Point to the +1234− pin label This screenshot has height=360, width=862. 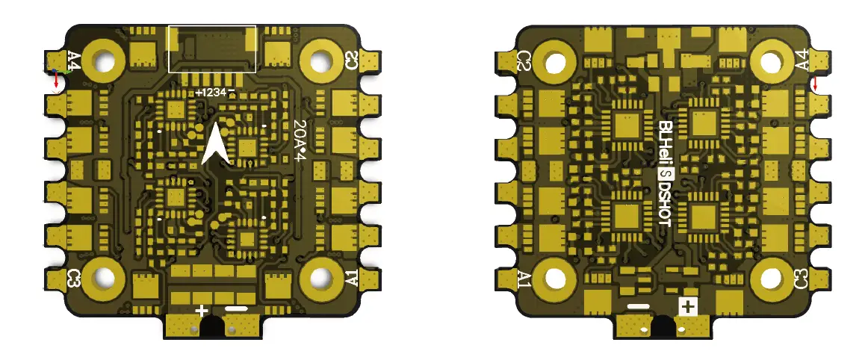tap(215, 92)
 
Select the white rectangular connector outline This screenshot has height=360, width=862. tap(212, 49)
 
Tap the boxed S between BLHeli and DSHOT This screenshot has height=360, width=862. tap(663, 174)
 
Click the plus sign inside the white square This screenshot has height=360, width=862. tap(686, 306)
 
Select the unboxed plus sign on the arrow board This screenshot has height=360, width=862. tap(201, 310)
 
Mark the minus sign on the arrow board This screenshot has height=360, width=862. tap(235, 309)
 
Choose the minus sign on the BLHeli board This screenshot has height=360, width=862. tap(639, 306)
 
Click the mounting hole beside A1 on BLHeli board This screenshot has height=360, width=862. tap(555, 278)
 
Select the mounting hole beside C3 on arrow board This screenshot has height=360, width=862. tap(102, 278)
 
